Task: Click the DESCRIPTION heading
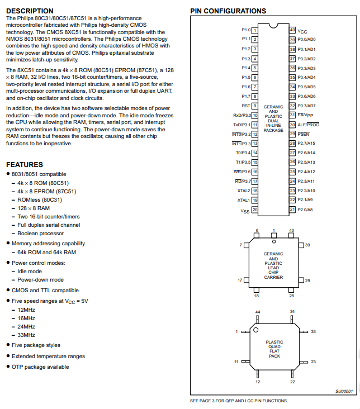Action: pyautogui.click(x=30, y=11)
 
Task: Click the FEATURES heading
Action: pyautogui.click(x=24, y=164)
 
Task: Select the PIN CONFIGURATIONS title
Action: pyautogui.click(x=228, y=11)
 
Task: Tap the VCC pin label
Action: pyautogui.click(x=302, y=31)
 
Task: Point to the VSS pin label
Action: pyautogui.click(x=245, y=211)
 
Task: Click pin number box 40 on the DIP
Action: pyautogui.click(x=292, y=30)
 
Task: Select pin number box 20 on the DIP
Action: pyautogui.click(x=254, y=210)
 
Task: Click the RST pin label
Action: pyautogui.click(x=245, y=106)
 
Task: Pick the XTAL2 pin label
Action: pyautogui.click(x=243, y=191)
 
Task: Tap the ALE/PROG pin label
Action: pyautogui.click(x=308, y=125)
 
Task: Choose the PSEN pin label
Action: pyautogui.click(x=303, y=134)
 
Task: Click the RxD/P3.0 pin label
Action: pyautogui.click(x=241, y=115)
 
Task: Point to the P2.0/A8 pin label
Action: pyautogui.click(x=305, y=210)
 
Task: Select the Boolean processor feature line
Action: pyautogui.click(x=40, y=233)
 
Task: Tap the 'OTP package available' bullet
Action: pyautogui.click(x=40, y=367)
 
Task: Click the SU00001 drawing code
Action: pyautogui.click(x=344, y=392)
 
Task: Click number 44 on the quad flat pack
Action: pyautogui.click(x=258, y=311)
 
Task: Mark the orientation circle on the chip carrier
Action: pyautogui.click(x=274, y=241)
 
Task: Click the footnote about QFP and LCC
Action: pyautogui.click(x=239, y=401)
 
